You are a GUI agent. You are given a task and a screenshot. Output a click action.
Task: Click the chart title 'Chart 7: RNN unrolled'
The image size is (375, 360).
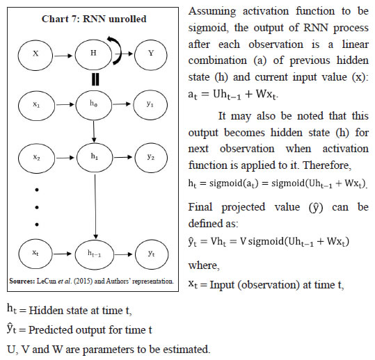pyautogui.click(x=93, y=19)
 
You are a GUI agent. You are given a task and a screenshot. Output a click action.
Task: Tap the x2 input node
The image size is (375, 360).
pyautogui.click(x=35, y=158)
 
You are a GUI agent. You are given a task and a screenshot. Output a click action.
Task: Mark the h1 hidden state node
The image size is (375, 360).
pyautogui.click(x=92, y=158)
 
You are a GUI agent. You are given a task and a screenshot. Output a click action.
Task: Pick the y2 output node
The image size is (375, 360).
pyautogui.click(x=151, y=158)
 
